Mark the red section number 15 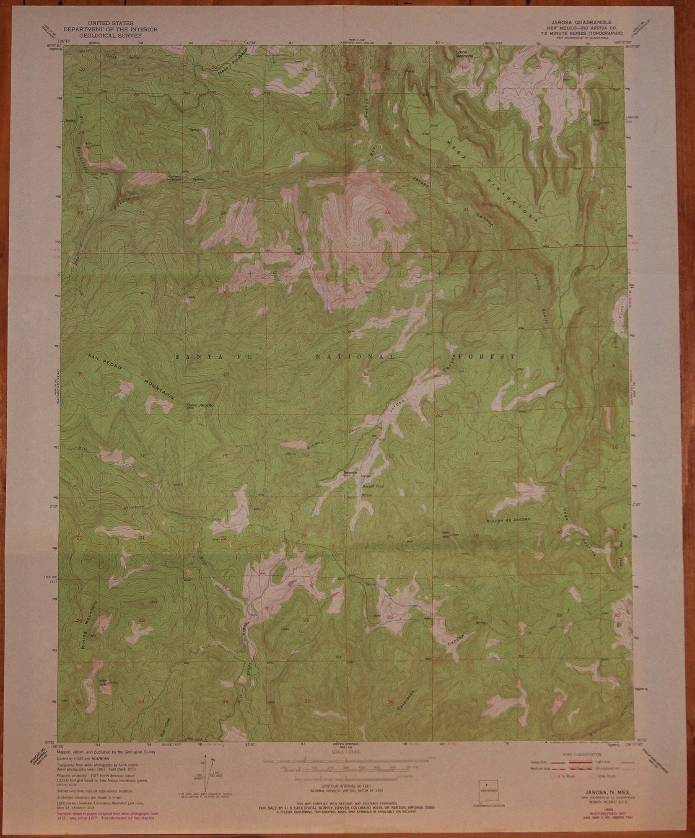click(225, 456)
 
